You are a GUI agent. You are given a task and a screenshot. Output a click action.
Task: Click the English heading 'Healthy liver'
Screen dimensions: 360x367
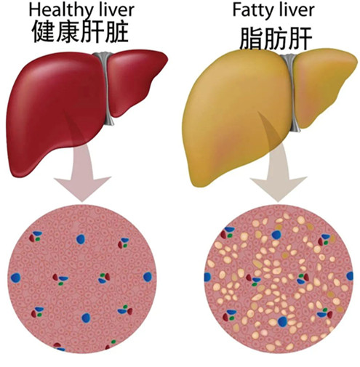click(x=81, y=10)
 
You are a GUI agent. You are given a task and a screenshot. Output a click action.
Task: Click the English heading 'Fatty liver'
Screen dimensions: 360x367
click(x=273, y=9)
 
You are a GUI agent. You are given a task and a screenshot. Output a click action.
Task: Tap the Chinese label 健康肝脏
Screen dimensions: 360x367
click(x=80, y=31)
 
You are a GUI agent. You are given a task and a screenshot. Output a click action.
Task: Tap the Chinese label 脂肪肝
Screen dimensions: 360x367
click(x=276, y=39)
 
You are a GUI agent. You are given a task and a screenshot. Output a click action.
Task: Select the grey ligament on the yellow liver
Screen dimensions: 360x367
click(x=292, y=92)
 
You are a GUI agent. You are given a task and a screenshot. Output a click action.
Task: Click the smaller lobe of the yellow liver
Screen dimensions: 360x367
click(x=322, y=87)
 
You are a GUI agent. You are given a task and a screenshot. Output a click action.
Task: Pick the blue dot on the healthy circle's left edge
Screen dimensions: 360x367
click(x=15, y=278)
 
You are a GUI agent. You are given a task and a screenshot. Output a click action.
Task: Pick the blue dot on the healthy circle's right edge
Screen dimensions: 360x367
click(x=148, y=277)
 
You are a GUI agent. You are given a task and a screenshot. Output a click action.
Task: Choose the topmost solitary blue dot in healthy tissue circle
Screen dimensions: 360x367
click(x=81, y=239)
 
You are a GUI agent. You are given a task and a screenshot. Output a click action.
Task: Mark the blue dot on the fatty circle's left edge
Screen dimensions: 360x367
click(x=207, y=277)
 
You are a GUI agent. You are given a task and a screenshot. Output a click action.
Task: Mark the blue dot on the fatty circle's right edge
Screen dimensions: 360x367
click(x=350, y=276)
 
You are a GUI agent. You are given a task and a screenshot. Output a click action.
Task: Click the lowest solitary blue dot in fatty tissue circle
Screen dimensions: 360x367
click(x=282, y=321)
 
